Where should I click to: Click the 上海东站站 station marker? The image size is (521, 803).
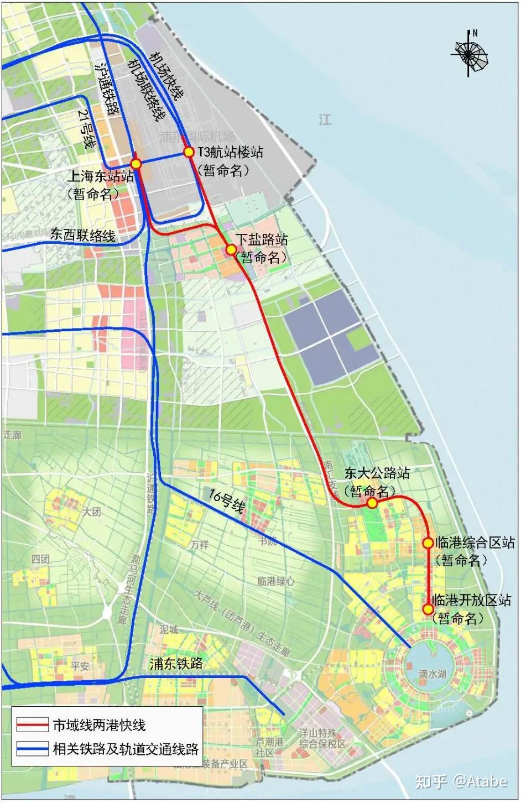pyautogui.click(x=136, y=164)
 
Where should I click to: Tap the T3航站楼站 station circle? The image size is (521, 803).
pyautogui.click(x=189, y=152)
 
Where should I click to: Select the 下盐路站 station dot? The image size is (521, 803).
pyautogui.click(x=231, y=250)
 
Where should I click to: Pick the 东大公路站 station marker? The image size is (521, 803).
pyautogui.click(x=372, y=503)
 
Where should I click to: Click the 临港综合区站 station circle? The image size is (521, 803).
pyautogui.click(x=428, y=543)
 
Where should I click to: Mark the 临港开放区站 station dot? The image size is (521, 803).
pyautogui.click(x=428, y=609)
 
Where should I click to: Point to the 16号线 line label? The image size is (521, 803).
pyautogui.click(x=227, y=500)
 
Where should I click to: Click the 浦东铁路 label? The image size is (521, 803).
pyautogui.click(x=176, y=664)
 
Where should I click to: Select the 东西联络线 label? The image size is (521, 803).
pyautogui.click(x=83, y=235)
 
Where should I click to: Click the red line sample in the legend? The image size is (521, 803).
pyautogui.click(x=32, y=725)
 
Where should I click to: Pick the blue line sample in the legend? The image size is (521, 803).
pyautogui.click(x=32, y=749)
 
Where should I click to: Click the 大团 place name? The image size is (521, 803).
pyautogui.click(x=92, y=512)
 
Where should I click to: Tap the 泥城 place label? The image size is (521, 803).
pyautogui.click(x=169, y=629)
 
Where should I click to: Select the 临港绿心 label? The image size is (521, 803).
pyautogui.click(x=276, y=581)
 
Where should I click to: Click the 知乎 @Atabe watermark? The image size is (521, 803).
pyautogui.click(x=460, y=781)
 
